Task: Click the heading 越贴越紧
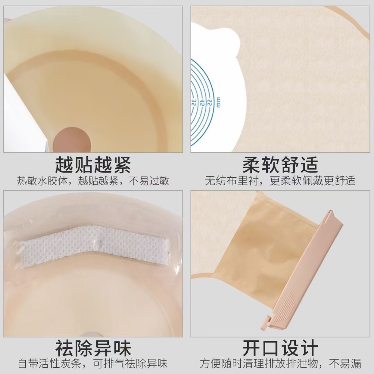93,164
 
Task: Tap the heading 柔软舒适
280,164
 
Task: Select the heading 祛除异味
93,348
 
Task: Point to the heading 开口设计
280,348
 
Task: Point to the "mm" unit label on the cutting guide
218,102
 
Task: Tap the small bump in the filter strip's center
99,242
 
